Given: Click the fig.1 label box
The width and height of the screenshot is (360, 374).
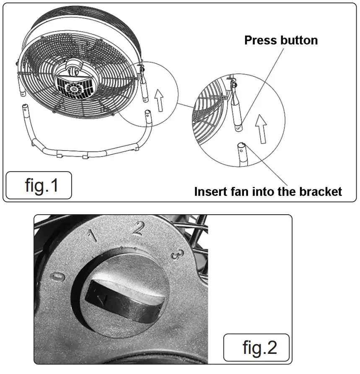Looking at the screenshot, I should [x=38, y=185].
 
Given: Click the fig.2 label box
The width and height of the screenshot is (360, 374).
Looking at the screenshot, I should [x=256, y=347].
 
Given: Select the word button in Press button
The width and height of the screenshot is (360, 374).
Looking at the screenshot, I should [x=299, y=40].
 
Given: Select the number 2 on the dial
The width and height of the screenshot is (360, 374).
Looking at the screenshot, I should [x=138, y=228].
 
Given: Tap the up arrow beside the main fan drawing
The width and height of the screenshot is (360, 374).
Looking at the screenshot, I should [x=159, y=99].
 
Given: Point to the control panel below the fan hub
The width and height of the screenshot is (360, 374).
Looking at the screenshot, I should [x=75, y=88].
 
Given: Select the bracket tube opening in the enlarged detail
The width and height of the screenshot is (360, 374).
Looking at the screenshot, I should [x=241, y=146].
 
